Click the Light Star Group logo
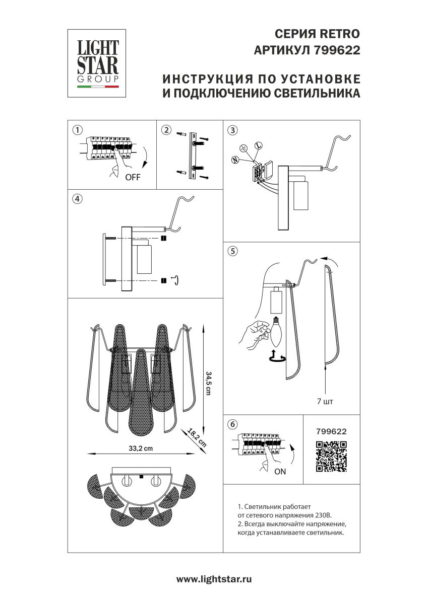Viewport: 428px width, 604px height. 97,63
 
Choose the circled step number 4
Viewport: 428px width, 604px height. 77,199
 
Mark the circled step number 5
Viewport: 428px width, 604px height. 232,251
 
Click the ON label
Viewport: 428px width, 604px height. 280,472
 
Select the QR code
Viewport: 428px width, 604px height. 331,456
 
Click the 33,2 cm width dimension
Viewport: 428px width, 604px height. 141,449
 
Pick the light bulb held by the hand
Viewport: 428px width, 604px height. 276,333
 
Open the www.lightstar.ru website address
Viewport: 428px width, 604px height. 214,579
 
